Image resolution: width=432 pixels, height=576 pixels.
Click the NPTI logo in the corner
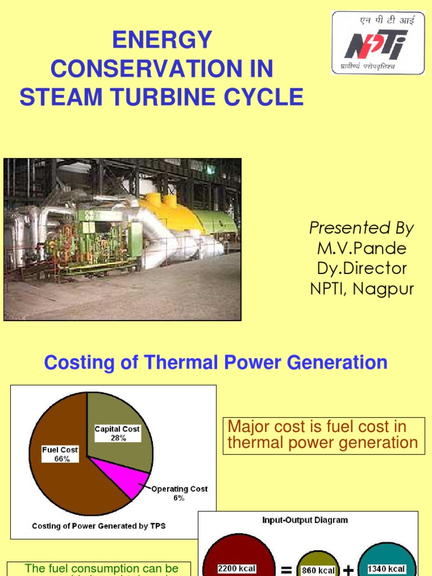(x=378, y=43)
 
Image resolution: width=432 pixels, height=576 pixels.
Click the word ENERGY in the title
(x=162, y=40)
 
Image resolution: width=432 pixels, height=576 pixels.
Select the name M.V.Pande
(x=362, y=248)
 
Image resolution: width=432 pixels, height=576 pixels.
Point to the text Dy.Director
(x=362, y=268)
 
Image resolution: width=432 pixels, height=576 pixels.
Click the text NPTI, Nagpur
(x=362, y=289)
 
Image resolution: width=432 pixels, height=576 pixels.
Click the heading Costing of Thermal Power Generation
(x=216, y=363)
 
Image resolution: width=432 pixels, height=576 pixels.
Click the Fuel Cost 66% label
(x=60, y=454)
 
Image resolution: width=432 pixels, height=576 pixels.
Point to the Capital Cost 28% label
(x=117, y=433)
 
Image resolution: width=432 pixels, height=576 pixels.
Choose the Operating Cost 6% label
(x=179, y=493)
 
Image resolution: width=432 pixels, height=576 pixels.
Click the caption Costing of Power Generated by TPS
(x=99, y=526)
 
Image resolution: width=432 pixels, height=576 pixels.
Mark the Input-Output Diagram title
(x=305, y=520)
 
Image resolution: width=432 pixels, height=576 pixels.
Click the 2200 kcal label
(x=237, y=569)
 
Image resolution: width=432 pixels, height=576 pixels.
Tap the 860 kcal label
(x=318, y=570)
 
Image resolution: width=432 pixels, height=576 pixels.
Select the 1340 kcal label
(x=386, y=569)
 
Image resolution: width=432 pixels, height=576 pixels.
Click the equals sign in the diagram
(x=286, y=570)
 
